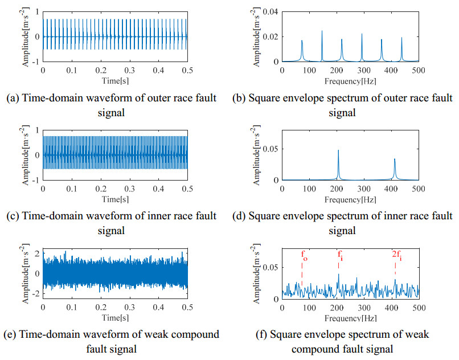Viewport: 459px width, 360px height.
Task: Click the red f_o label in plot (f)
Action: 304,255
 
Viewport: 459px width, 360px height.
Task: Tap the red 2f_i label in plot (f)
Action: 396,255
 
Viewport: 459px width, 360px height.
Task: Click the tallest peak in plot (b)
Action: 322,31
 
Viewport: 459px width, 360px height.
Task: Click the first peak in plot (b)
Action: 302,41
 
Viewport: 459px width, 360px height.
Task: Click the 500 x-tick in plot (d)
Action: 418,188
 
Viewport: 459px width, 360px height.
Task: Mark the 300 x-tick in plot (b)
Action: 363,69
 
